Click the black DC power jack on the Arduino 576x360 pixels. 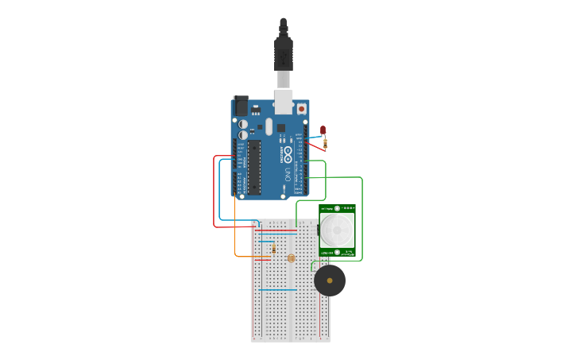click(241, 106)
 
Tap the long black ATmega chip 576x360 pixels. click(254, 167)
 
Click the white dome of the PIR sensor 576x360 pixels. click(338, 229)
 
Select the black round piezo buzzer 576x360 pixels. click(330, 281)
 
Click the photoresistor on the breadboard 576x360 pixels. click(291, 258)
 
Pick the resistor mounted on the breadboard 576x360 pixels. click(274, 249)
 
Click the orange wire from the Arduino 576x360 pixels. click(235, 238)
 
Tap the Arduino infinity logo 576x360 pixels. click(284, 152)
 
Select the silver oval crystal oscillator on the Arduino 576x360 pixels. click(269, 126)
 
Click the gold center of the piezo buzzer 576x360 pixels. click(330, 281)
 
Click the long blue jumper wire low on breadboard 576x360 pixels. click(278, 290)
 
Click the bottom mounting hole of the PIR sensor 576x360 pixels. click(338, 252)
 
